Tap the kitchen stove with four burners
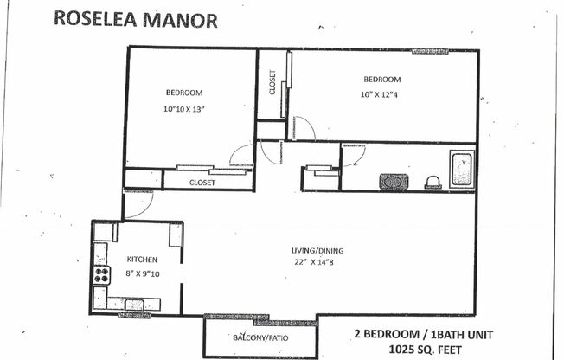[x=102, y=274]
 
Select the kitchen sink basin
[x=136, y=304]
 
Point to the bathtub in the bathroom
[x=461, y=169]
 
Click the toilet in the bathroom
[x=432, y=182]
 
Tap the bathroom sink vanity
[x=394, y=182]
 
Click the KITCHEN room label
[x=142, y=259]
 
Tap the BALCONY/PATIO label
[x=261, y=337]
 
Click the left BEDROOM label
[x=183, y=93]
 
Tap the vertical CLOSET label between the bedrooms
[x=272, y=83]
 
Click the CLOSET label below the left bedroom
[x=202, y=183]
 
